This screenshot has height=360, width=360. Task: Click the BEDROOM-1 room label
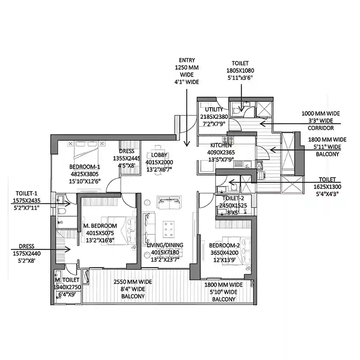[85, 166]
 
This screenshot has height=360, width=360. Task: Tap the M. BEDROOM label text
[100, 226]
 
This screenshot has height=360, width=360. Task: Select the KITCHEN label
[221, 145]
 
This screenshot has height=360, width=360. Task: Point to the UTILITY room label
[214, 109]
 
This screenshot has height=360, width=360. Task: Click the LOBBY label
[159, 155]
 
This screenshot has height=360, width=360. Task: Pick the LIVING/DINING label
[165, 245]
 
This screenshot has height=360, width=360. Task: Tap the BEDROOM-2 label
[224, 245]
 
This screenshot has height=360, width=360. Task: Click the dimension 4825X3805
[85, 174]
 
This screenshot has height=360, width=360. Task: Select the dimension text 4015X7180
[165, 252]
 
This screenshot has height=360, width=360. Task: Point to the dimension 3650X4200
[224, 253]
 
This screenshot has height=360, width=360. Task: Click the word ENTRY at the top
[187, 60]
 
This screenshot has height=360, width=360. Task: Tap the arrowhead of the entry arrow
[187, 144]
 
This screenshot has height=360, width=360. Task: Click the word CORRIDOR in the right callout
[321, 128]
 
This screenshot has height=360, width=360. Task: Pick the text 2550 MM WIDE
[133, 282]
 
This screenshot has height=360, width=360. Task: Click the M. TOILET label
[67, 280]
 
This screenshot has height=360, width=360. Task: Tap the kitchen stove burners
[228, 139]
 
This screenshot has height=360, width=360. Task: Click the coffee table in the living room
[168, 229]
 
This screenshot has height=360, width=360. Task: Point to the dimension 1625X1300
[327, 187]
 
